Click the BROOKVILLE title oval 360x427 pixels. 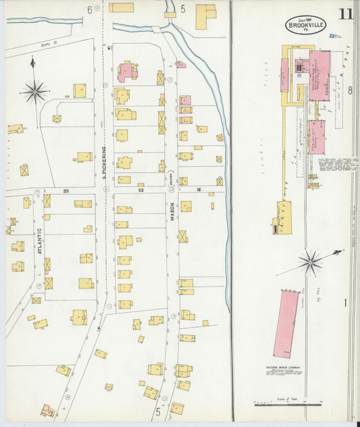tap(304, 24)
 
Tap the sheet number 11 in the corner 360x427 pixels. tap(345, 14)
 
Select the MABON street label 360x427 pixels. tap(172, 209)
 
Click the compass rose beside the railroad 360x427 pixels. tap(310, 261)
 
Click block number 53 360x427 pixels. tap(66, 191)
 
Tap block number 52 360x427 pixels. tap(140, 191)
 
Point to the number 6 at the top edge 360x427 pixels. tap(88, 9)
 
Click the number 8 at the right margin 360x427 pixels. tap(350, 90)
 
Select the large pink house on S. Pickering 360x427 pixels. tap(126, 72)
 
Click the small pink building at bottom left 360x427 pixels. tap(47, 410)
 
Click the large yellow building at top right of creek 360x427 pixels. tap(205, 16)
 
